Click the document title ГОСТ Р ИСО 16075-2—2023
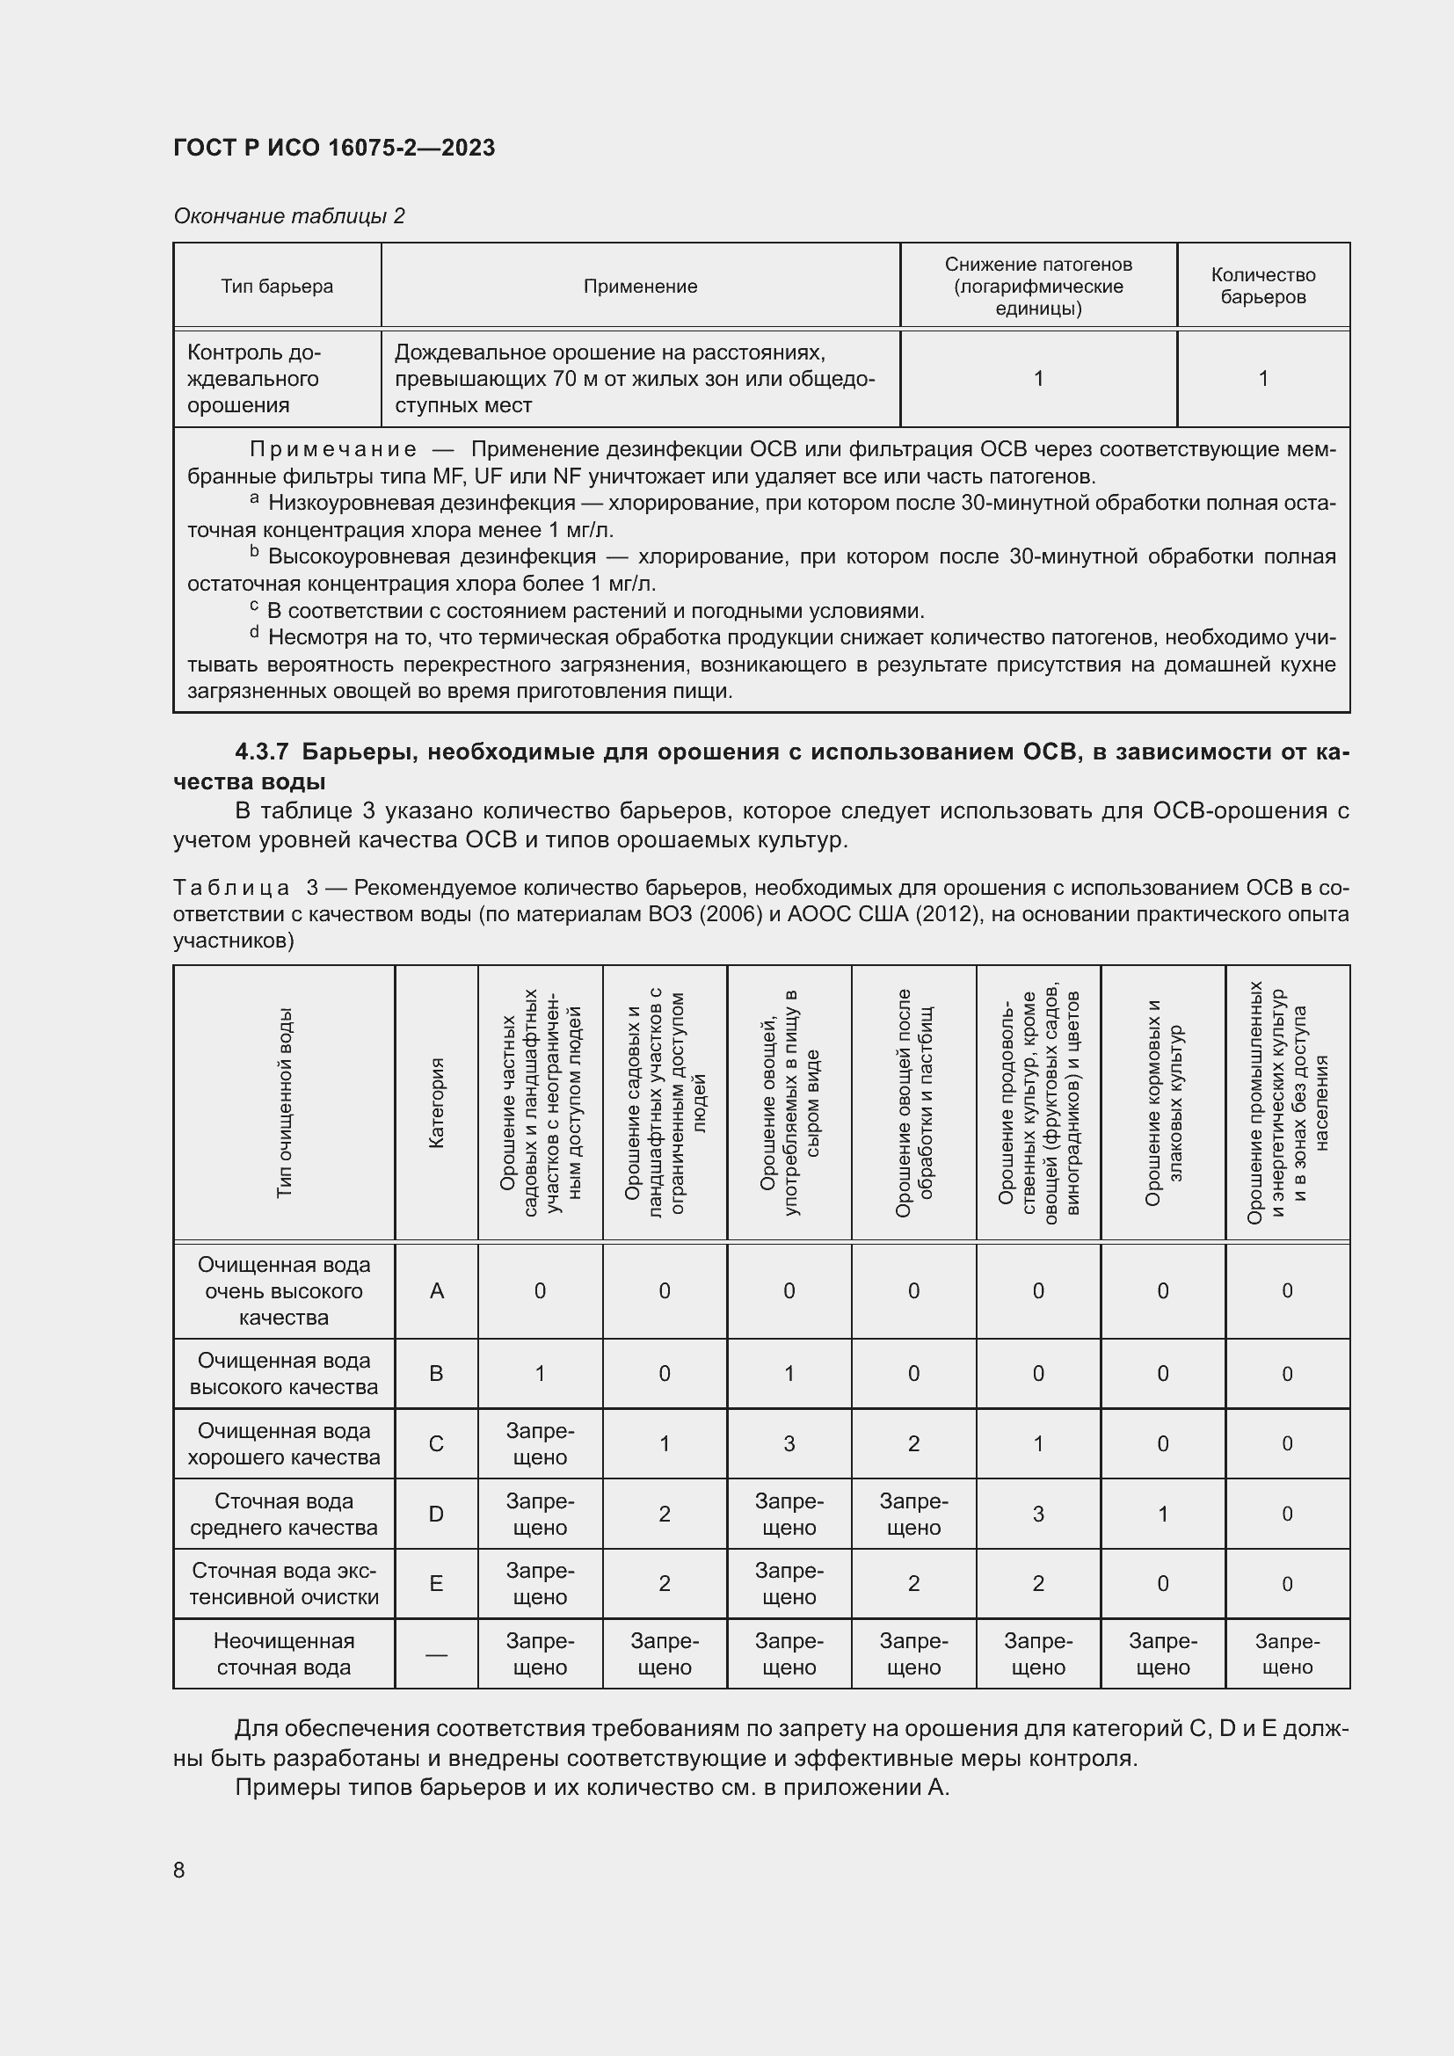(x=334, y=148)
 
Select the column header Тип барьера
(x=277, y=287)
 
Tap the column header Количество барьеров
(x=1262, y=286)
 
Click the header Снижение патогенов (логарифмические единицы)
(x=1037, y=287)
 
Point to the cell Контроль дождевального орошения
(x=254, y=379)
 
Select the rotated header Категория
(x=437, y=1103)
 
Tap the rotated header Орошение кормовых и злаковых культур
(x=1163, y=1103)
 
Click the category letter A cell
(x=437, y=1290)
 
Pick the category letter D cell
(x=437, y=1514)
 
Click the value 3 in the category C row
(x=789, y=1443)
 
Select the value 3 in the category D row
(x=1037, y=1514)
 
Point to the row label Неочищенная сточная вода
(x=284, y=1654)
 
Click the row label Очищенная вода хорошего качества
(x=284, y=1443)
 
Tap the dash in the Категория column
(x=437, y=1654)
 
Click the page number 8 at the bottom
(x=179, y=1871)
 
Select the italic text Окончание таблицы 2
(x=289, y=216)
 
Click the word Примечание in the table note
(x=333, y=449)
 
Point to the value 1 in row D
(x=1163, y=1514)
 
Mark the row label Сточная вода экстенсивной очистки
(x=284, y=1583)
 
